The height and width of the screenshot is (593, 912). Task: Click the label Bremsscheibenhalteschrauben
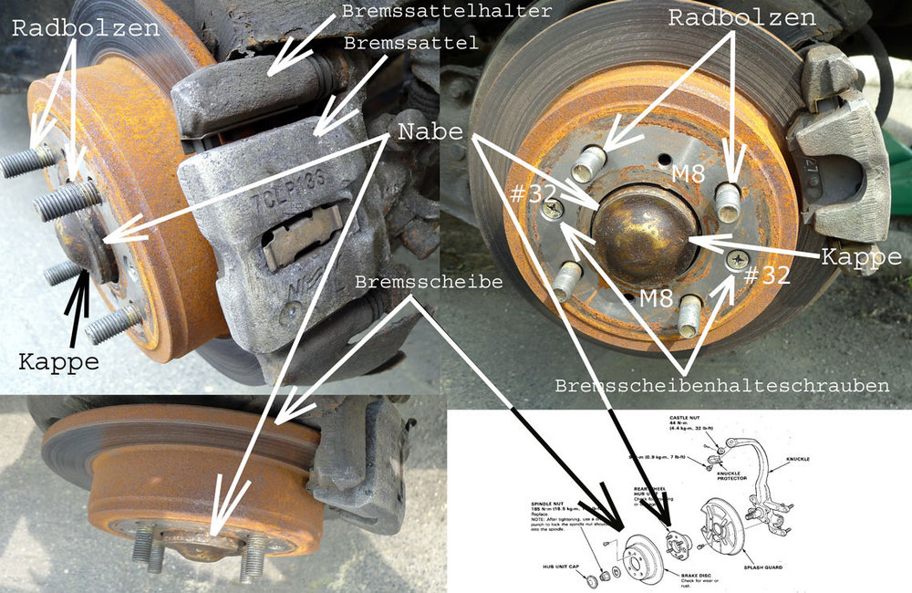[721, 386]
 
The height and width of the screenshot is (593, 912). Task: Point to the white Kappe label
[860, 257]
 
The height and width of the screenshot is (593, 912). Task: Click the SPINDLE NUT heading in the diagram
[551, 502]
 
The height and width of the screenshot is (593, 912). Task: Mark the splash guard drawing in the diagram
[720, 529]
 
